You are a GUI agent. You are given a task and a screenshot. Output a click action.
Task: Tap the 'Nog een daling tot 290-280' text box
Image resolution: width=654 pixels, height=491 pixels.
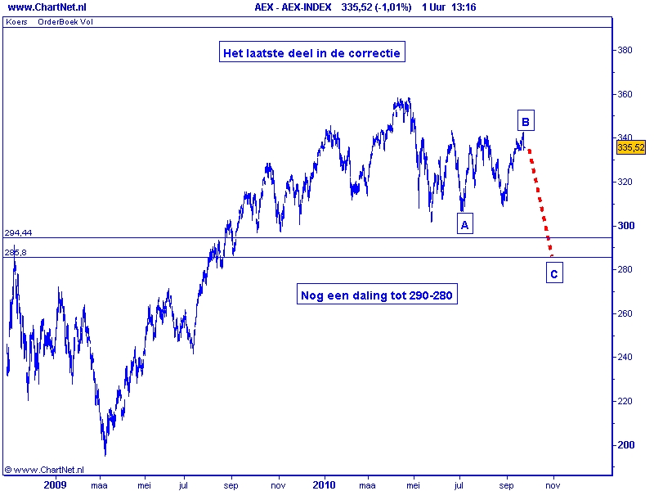click(x=377, y=295)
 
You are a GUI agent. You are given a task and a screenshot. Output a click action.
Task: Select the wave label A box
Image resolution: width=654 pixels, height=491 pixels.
click(x=464, y=224)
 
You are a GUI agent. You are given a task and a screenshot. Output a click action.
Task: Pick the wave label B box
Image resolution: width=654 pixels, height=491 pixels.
click(x=526, y=122)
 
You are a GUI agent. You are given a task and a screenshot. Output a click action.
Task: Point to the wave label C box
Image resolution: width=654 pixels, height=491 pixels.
click(x=553, y=274)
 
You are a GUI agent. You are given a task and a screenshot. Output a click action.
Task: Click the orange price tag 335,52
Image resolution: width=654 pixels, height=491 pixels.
click(x=630, y=147)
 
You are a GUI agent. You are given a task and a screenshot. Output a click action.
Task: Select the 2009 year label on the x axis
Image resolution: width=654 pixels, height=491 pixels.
click(x=54, y=484)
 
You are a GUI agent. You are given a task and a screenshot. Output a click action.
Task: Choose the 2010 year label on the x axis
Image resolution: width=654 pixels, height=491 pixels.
click(x=325, y=484)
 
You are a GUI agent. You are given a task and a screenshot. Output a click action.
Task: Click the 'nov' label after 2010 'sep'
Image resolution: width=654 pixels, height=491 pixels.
click(x=553, y=484)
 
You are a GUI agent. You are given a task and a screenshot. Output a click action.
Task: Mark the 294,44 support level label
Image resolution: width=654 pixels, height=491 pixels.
click(x=18, y=232)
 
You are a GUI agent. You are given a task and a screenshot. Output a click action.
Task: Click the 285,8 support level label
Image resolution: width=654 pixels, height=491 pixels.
click(x=16, y=252)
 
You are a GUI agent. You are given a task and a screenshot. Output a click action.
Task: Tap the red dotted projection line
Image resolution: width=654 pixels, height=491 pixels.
click(x=540, y=200)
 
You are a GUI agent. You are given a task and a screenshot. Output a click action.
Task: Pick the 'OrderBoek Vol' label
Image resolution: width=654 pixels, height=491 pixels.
click(x=65, y=22)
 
